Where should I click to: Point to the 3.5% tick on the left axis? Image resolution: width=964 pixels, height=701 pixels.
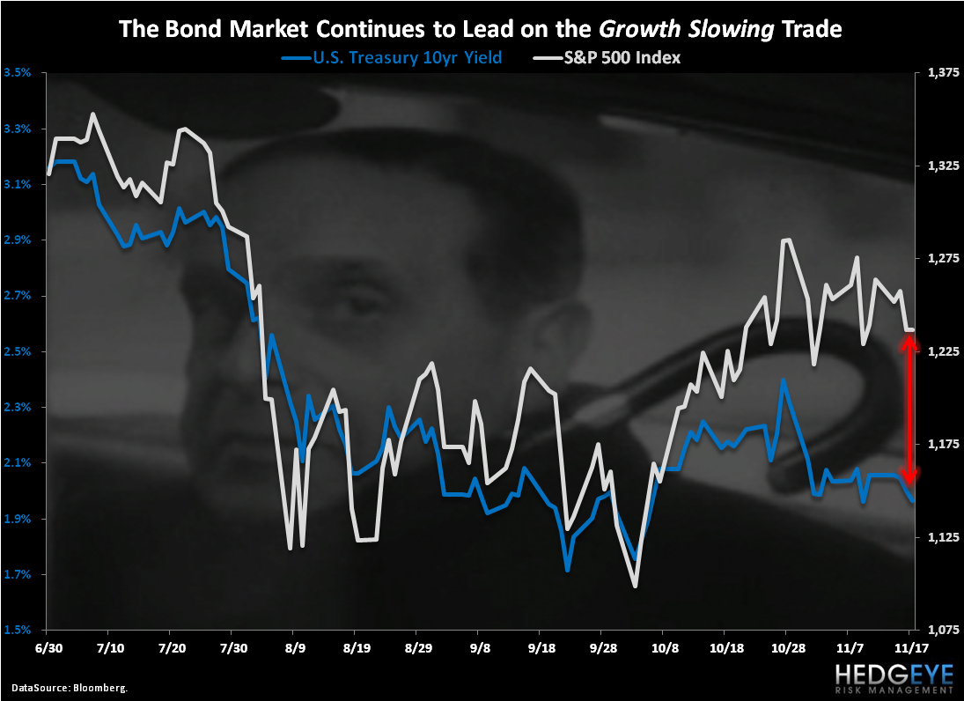[x=18, y=73]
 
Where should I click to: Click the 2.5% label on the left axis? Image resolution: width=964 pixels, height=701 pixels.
[x=18, y=352]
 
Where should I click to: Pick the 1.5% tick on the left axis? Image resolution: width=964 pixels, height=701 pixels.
[x=18, y=631]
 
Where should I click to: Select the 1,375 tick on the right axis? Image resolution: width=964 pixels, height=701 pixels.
[x=942, y=73]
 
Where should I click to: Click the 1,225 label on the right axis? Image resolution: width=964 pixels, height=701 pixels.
[x=942, y=352]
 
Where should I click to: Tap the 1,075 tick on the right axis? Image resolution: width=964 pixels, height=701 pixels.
[x=942, y=631]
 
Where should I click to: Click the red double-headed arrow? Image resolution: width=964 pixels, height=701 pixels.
[x=909, y=409]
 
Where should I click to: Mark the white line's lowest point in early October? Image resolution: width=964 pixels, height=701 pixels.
[x=635, y=586]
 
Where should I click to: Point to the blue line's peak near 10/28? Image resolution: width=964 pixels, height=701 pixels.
[x=782, y=380]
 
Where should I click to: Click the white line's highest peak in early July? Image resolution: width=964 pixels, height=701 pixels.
[x=93, y=114]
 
